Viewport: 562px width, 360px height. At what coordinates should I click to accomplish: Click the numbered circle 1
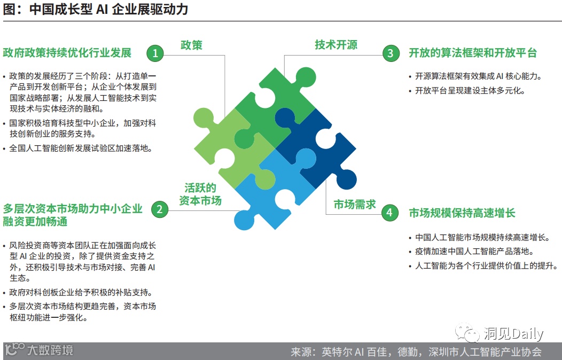pyautogui.click(x=155, y=53)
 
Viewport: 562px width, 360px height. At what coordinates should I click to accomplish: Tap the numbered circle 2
pyautogui.click(x=159, y=209)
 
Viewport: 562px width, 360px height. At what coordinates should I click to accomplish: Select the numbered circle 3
pyautogui.click(x=391, y=53)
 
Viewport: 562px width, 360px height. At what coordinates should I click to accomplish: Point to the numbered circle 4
pyautogui.click(x=389, y=213)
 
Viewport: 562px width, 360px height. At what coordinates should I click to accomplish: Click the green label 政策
pyautogui.click(x=191, y=45)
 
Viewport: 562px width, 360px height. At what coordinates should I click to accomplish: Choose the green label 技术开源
pyautogui.click(x=336, y=45)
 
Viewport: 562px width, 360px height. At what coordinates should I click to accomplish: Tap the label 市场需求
pyautogui.click(x=355, y=205)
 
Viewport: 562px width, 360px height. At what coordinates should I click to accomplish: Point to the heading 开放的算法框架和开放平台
pyautogui.click(x=472, y=53)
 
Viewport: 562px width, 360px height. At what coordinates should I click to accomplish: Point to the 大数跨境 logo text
pyautogui.click(x=50, y=350)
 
